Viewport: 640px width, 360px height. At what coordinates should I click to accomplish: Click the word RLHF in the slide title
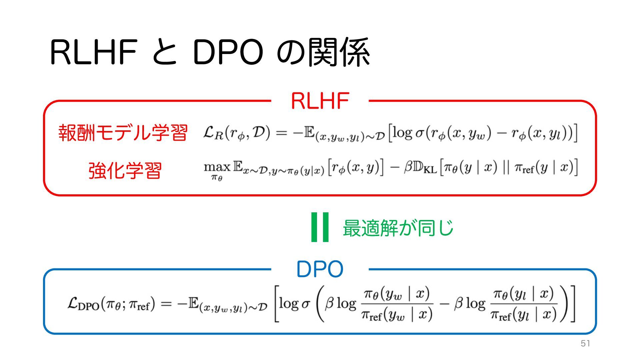click(x=94, y=53)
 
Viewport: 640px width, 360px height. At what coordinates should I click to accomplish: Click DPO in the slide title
click(x=228, y=53)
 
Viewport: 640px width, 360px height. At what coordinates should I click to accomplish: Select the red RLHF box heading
click(x=320, y=101)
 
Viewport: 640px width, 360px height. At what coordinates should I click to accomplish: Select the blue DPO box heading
click(x=320, y=269)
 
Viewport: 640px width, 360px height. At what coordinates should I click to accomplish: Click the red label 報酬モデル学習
click(x=123, y=133)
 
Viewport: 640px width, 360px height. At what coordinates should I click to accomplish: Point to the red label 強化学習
click(x=125, y=171)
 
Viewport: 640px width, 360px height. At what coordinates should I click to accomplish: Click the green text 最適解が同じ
click(x=398, y=228)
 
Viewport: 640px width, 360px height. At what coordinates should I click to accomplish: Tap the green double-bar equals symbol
click(x=320, y=227)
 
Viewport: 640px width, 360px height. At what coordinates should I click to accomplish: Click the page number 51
click(x=585, y=344)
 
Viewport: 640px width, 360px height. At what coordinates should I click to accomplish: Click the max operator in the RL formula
click(x=217, y=166)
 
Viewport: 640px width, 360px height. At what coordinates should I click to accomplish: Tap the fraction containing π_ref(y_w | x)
click(x=397, y=304)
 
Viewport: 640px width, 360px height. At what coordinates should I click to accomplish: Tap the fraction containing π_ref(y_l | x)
click(x=524, y=304)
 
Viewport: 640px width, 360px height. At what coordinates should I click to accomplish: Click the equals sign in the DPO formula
click(x=166, y=304)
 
